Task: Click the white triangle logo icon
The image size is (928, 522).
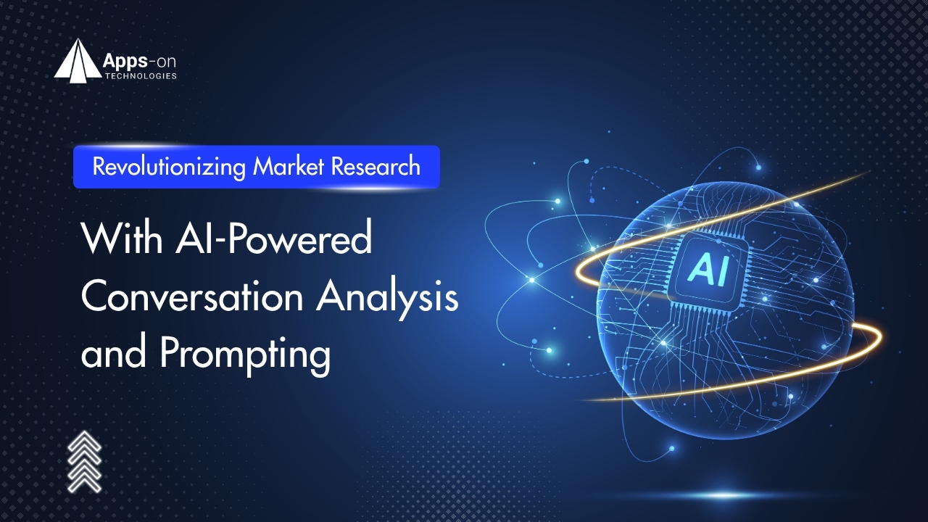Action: point(78,61)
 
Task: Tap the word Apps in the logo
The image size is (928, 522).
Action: point(125,62)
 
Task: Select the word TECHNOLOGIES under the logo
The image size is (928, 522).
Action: point(141,76)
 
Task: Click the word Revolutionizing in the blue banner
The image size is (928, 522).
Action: point(169,167)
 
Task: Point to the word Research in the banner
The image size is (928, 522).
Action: point(376,167)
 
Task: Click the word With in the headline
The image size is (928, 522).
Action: point(123,239)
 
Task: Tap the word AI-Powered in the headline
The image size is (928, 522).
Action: point(273,239)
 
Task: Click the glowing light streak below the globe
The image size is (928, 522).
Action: point(723,495)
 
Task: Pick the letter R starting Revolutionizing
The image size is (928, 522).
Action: point(99,166)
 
